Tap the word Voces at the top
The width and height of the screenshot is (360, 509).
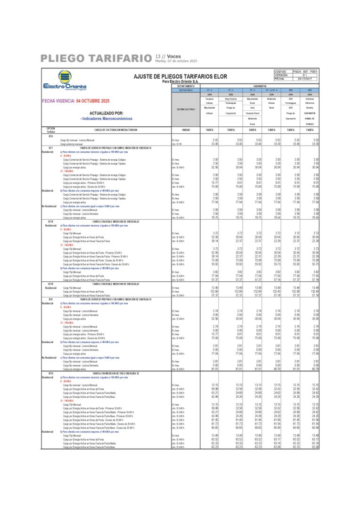pyautogui.click(x=173, y=56)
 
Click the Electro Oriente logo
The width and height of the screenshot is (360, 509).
pyautogui.click(x=65, y=81)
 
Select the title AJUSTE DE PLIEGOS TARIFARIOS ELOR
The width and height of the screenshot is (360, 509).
pyautogui.click(x=180, y=76)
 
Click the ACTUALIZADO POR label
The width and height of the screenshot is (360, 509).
pyautogui.click(x=106, y=113)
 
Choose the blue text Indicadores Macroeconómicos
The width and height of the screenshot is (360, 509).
pyautogui.click(x=107, y=119)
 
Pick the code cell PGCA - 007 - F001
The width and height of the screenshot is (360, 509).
pyautogui.click(x=304, y=71)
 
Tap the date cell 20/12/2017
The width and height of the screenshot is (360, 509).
pyautogui.click(x=304, y=79)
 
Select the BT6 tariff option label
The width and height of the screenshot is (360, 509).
pyautogui.click(x=50, y=136)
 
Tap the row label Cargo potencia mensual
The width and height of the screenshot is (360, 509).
pyautogui.click(x=71, y=143)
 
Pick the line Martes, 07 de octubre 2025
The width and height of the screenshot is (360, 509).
pyautogui.click(x=176, y=61)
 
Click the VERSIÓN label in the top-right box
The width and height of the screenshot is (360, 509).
pyautogui.click(x=281, y=75)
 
